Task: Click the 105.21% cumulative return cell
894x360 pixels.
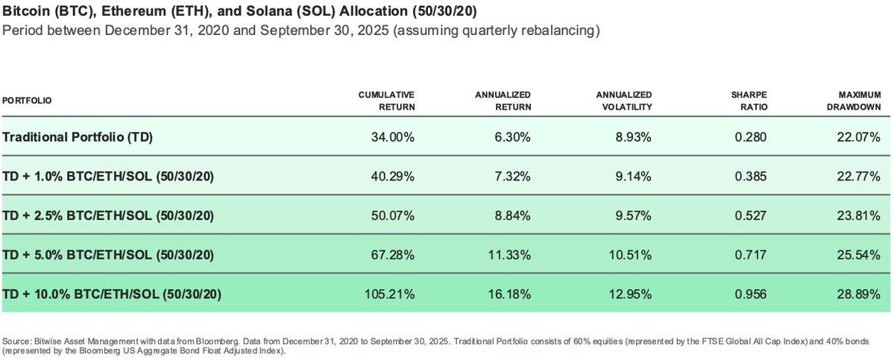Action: click(x=390, y=294)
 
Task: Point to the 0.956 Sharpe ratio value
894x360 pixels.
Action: click(x=751, y=294)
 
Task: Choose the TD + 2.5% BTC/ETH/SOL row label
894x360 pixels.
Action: click(x=109, y=215)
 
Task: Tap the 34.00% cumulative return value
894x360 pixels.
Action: click(x=393, y=137)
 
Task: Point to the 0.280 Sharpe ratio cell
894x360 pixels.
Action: click(x=751, y=137)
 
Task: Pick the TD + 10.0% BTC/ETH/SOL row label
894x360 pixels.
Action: click(x=112, y=294)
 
